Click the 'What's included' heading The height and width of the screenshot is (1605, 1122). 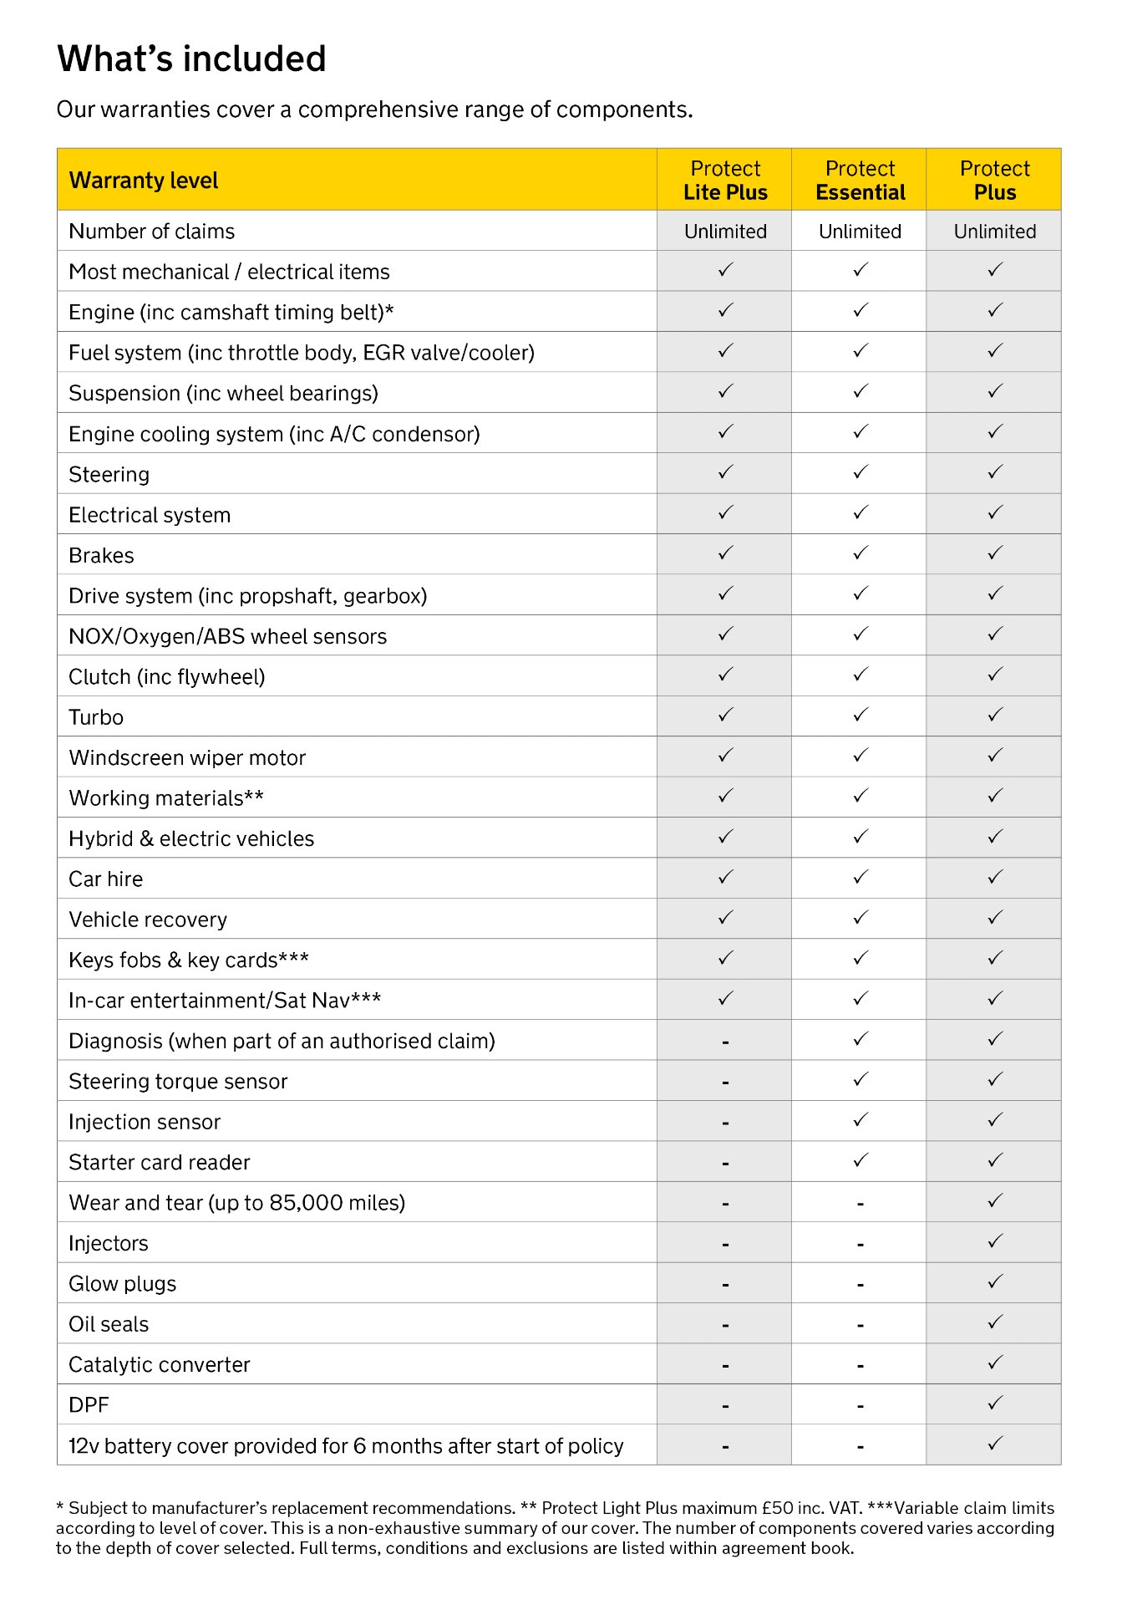[x=191, y=59]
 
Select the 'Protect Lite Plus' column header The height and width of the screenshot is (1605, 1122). [x=725, y=181]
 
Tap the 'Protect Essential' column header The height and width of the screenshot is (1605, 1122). [x=860, y=181]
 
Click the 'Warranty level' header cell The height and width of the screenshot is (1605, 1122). [x=144, y=181]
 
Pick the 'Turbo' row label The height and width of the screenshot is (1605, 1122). [x=96, y=717]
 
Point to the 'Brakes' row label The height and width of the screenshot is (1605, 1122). [x=101, y=556]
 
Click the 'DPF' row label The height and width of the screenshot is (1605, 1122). [x=89, y=1405]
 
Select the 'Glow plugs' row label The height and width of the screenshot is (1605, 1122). [x=122, y=1284]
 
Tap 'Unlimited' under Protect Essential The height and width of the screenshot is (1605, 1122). [x=860, y=232]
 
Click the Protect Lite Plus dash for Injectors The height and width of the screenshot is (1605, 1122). [x=725, y=1245]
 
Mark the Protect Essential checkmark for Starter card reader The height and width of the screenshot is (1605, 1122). [x=861, y=1160]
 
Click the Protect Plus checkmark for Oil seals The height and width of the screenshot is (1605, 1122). [x=995, y=1322]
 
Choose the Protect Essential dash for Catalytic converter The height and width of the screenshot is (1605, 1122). [x=860, y=1366]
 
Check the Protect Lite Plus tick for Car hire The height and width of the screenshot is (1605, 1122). [x=725, y=877]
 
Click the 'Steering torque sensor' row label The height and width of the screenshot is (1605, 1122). [x=178, y=1082]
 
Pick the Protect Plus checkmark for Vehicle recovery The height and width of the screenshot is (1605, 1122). [x=995, y=918]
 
